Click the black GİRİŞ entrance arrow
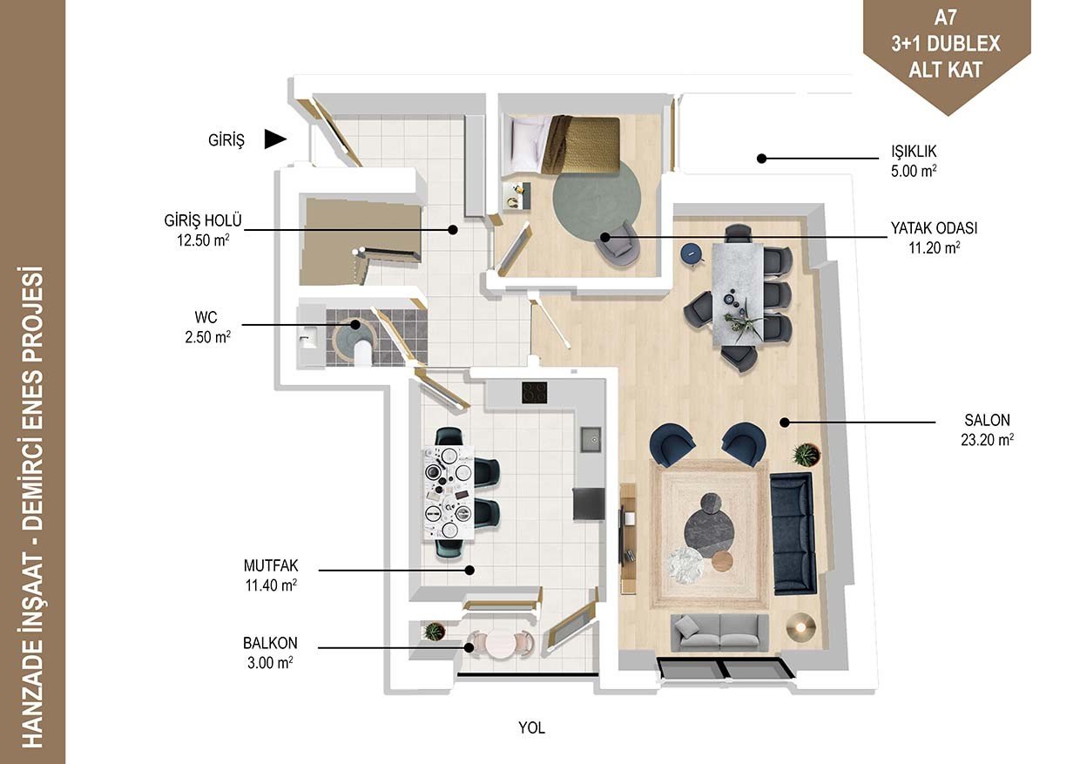click(x=275, y=139)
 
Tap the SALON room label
click(x=987, y=420)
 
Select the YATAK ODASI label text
click(x=934, y=228)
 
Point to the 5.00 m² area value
click(x=914, y=172)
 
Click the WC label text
click(x=206, y=317)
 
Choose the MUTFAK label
click(x=271, y=565)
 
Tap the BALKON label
click(x=270, y=643)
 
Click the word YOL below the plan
click(x=532, y=727)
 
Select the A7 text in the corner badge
click(x=946, y=18)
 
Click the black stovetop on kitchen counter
click(x=534, y=393)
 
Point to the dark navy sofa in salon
click(x=793, y=533)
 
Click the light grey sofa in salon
click(x=719, y=632)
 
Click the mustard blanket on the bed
click(x=580, y=145)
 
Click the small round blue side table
click(x=692, y=254)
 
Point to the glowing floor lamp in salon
click(x=800, y=627)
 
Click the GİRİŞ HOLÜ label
click(x=202, y=220)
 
